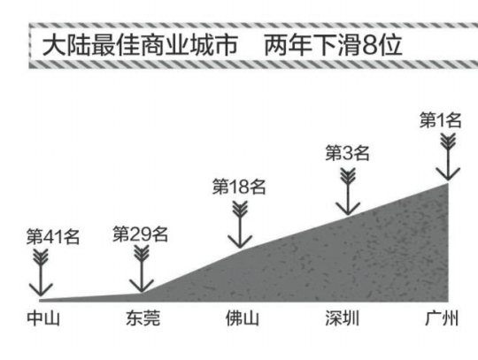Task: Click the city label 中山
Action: (43, 318)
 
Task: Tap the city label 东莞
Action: (143, 318)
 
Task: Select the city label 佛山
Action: (243, 318)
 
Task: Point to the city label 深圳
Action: (342, 318)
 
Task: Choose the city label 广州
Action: (442, 318)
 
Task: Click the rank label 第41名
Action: (53, 237)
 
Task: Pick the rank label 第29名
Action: (141, 234)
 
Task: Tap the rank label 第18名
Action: (239, 187)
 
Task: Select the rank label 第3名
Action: (348, 153)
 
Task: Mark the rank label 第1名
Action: (441, 119)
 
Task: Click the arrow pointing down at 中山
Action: (41, 272)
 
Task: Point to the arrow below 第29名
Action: (142, 269)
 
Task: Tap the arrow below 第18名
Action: (240, 225)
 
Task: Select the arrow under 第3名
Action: (348, 192)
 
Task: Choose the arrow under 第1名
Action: (448, 157)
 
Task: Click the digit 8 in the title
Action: (370, 45)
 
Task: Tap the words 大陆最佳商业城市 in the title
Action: (140, 45)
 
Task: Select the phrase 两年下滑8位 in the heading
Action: (333, 45)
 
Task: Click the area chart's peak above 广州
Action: (448, 182)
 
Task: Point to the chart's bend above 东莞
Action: (142, 294)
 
